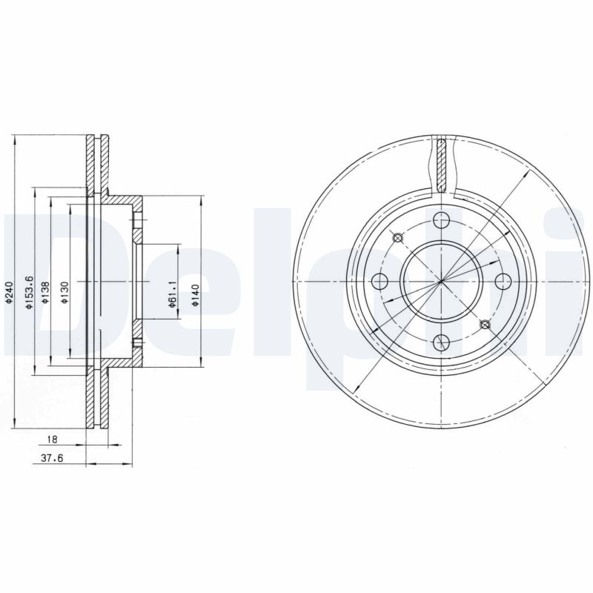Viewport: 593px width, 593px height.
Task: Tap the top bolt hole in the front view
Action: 442,219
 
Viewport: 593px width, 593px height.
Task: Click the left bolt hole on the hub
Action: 380,281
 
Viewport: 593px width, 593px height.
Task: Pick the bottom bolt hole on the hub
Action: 442,342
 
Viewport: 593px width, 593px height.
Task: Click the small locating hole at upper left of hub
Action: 397,238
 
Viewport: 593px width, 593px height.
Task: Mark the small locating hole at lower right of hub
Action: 486,324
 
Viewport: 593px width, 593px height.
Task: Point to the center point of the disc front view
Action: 442,281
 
